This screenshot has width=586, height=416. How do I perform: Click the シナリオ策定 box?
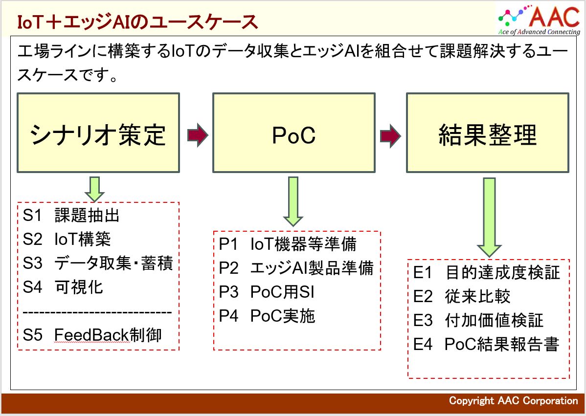point(98,132)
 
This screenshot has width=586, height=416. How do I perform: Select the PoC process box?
point(293,132)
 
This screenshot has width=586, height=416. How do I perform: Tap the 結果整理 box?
point(487,132)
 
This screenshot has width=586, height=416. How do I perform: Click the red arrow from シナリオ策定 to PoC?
point(197,136)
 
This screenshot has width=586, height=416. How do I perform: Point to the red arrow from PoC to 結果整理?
point(390,136)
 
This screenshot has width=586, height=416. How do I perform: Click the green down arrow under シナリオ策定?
point(94,189)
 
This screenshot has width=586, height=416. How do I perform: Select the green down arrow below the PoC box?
point(293,201)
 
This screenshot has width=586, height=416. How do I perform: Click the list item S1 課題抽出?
point(71,215)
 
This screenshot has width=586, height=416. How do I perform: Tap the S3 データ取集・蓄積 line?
point(98,263)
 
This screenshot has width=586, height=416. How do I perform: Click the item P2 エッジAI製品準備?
point(296,268)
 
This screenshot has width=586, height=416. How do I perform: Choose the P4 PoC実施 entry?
point(267,316)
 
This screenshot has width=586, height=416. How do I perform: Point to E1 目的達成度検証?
point(486,273)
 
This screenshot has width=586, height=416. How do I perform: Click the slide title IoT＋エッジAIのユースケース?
point(137,22)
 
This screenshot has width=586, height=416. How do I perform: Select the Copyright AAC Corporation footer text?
point(513,401)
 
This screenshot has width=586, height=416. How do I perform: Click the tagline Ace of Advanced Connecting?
point(539,32)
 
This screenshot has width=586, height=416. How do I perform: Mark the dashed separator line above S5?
point(97,312)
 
